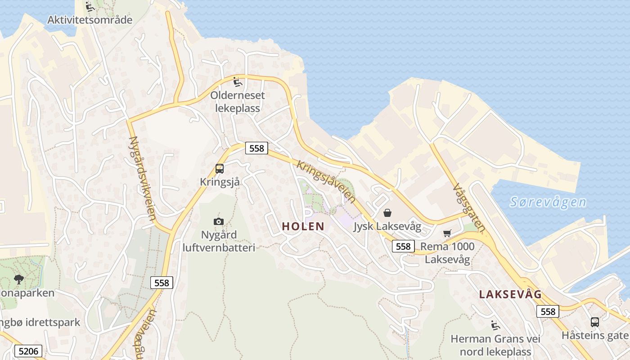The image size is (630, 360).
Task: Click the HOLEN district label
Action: click(303, 226)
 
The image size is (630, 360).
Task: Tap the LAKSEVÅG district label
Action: click(510, 295)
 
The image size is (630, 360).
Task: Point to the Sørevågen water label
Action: click(548, 202)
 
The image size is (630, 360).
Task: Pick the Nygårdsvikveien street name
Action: click(142, 178)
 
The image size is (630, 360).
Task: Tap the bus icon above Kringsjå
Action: click(220, 169)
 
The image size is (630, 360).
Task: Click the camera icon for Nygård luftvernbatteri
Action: click(219, 221)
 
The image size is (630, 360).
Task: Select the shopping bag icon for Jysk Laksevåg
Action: click(387, 213)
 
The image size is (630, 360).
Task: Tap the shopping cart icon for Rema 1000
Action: click(447, 233)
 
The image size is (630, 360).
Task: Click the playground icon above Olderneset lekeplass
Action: click(237, 82)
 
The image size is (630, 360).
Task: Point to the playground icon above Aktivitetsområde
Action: click(90, 7)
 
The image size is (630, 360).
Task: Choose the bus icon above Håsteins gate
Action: click(594, 322)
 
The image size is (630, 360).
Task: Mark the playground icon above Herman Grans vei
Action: click(495, 325)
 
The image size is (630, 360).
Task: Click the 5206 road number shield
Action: click(28, 351)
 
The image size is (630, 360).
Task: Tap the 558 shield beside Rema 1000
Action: click(403, 246)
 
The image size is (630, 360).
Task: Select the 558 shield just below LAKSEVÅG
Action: click(548, 311)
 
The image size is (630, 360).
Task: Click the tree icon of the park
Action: click(19, 279)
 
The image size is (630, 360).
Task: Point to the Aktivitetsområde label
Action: click(90, 20)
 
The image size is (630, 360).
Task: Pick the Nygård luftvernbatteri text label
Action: click(219, 241)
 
